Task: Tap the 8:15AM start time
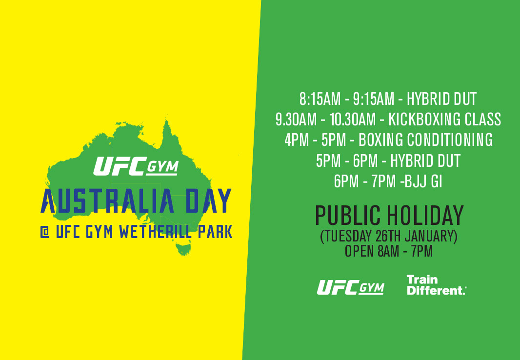[320, 99]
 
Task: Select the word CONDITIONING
[450, 140]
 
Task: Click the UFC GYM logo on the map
[136, 166]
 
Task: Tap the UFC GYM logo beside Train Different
[351, 287]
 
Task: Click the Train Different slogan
[437, 285]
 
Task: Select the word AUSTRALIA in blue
[108, 201]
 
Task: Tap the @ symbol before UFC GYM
[45, 232]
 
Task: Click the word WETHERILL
[156, 232]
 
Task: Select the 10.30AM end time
[353, 120]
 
